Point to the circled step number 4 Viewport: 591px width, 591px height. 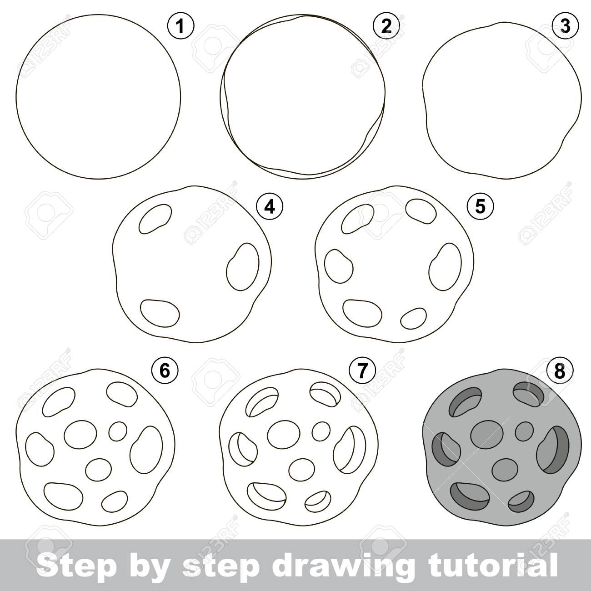click(x=269, y=207)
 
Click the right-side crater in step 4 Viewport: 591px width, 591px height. click(x=243, y=267)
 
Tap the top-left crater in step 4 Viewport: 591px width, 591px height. click(x=155, y=219)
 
